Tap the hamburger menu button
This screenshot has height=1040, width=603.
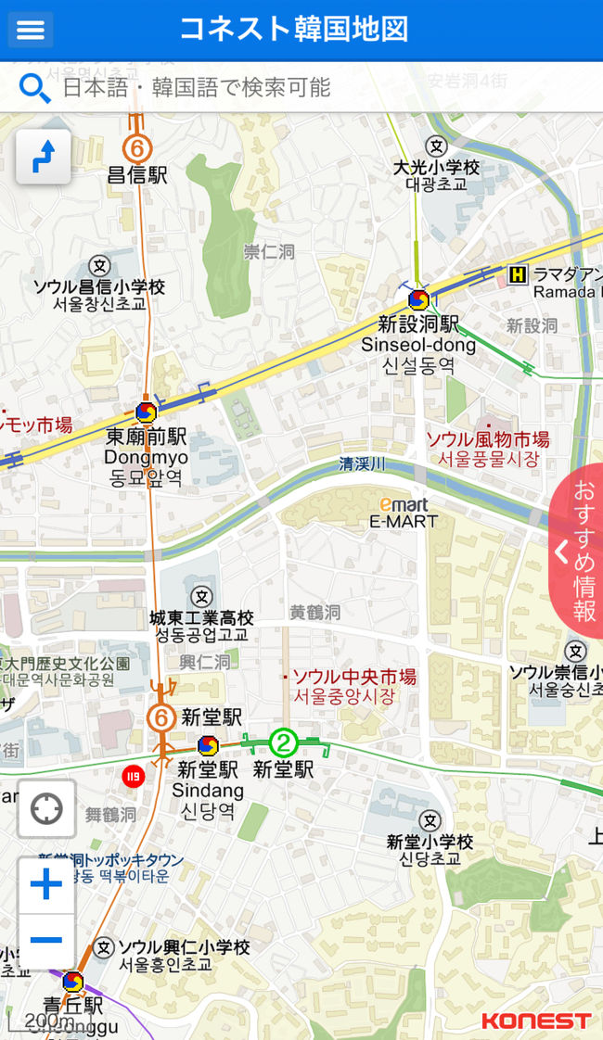tap(31, 30)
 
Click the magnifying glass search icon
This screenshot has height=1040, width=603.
tap(34, 88)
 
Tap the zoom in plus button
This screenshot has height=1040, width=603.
tap(45, 884)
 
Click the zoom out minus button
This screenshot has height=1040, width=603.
tap(45, 940)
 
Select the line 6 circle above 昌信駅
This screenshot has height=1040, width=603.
tap(137, 148)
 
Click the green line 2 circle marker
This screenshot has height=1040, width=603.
tap(283, 742)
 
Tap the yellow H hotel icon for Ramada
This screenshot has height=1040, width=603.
tap(518, 273)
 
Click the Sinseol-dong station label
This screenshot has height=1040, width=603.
tap(418, 345)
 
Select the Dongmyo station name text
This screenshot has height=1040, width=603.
tap(146, 457)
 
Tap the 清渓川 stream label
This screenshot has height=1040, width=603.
tap(362, 463)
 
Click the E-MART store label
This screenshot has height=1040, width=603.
tap(404, 521)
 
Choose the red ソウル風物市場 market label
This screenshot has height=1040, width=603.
tap(487, 439)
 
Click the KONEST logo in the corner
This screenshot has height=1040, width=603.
tap(535, 1021)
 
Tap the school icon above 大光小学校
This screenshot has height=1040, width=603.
tap(436, 146)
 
